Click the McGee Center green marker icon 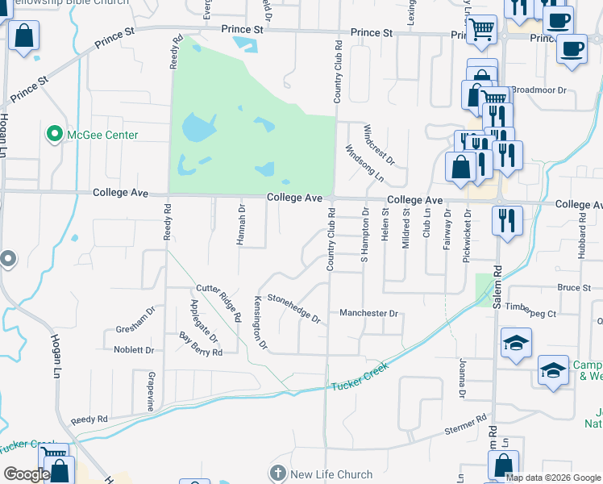[55, 135]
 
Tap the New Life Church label [331, 474]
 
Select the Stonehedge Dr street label [294, 307]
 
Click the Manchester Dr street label [368, 313]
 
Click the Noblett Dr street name [134, 350]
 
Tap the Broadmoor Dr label [540, 90]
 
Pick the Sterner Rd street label [465, 425]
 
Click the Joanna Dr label [463, 378]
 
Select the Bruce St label [574, 287]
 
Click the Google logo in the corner [27, 474]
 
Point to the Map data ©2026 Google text [552, 478]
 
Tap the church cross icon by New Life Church [278, 474]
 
